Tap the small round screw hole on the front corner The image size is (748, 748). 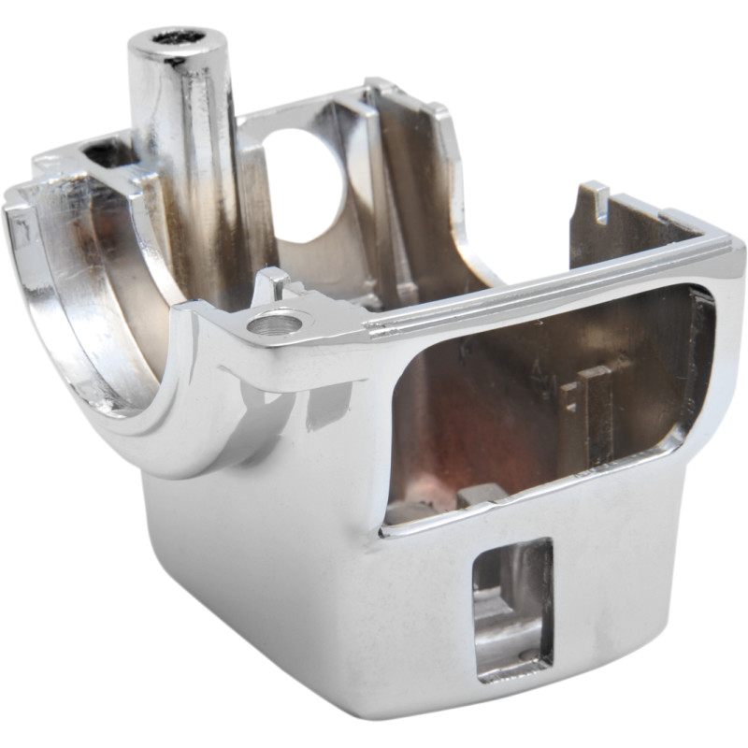pyautogui.click(x=276, y=324)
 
